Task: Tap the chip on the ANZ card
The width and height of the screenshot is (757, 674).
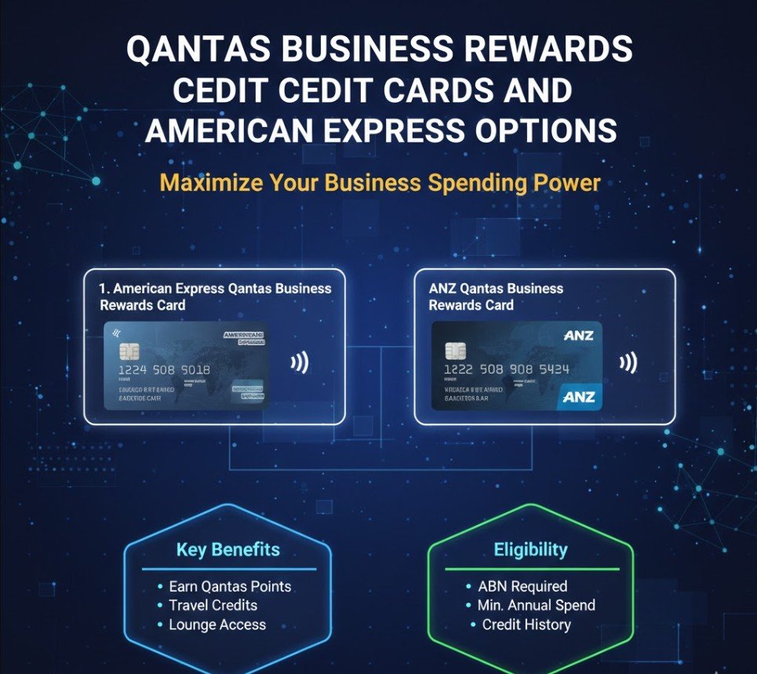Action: tap(455, 350)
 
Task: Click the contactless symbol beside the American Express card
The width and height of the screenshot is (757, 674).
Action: tap(299, 363)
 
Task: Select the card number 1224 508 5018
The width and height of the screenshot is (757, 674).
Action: tap(164, 370)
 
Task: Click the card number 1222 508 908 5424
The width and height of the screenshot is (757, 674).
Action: tap(506, 369)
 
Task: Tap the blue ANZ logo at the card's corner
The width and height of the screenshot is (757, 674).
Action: tap(579, 396)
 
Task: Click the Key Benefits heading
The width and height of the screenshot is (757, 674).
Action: tap(227, 549)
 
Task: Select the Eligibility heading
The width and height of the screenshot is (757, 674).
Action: tap(530, 549)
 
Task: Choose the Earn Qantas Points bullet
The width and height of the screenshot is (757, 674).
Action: tap(229, 587)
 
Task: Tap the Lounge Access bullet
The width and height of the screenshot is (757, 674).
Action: tap(217, 625)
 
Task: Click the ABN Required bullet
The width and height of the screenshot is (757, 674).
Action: tap(522, 587)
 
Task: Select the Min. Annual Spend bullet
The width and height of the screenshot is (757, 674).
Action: tap(536, 606)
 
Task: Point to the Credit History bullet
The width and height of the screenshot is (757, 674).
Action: tap(526, 625)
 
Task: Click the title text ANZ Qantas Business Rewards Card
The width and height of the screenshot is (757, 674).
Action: tap(496, 297)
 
